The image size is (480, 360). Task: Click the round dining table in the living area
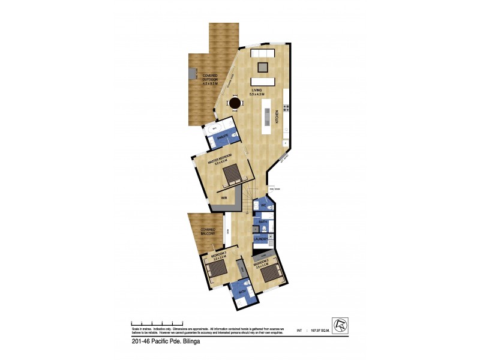(x=234, y=104)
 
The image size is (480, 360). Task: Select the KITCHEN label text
(x=277, y=116)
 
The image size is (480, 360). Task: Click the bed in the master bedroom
(x=232, y=175)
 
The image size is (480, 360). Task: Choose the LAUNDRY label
(x=260, y=239)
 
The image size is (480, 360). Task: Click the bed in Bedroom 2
(x=271, y=273)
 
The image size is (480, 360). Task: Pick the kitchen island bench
(x=266, y=115)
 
